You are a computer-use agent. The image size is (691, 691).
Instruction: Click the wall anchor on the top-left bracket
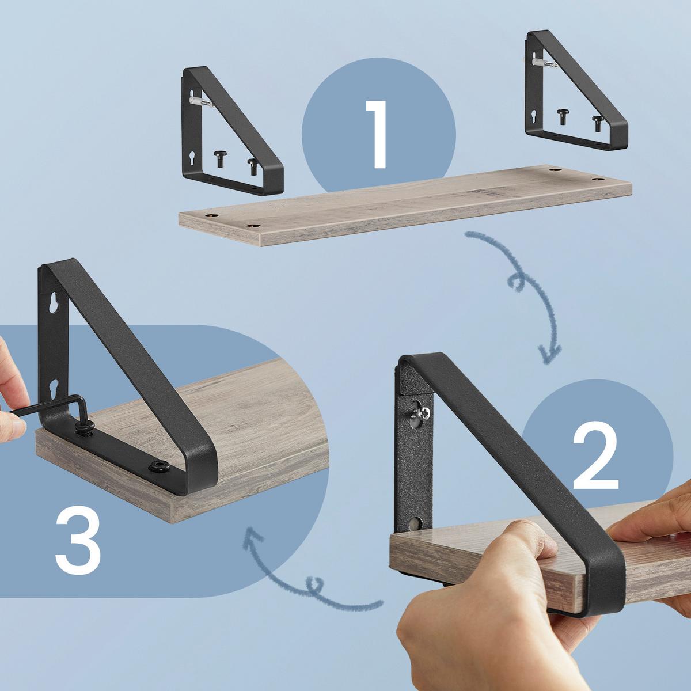[200, 101]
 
